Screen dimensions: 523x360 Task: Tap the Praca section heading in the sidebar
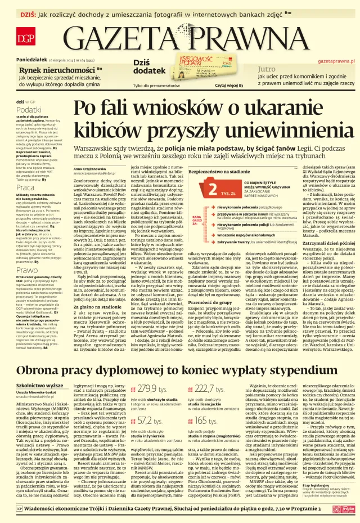pyautogui.click(x=25, y=187)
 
